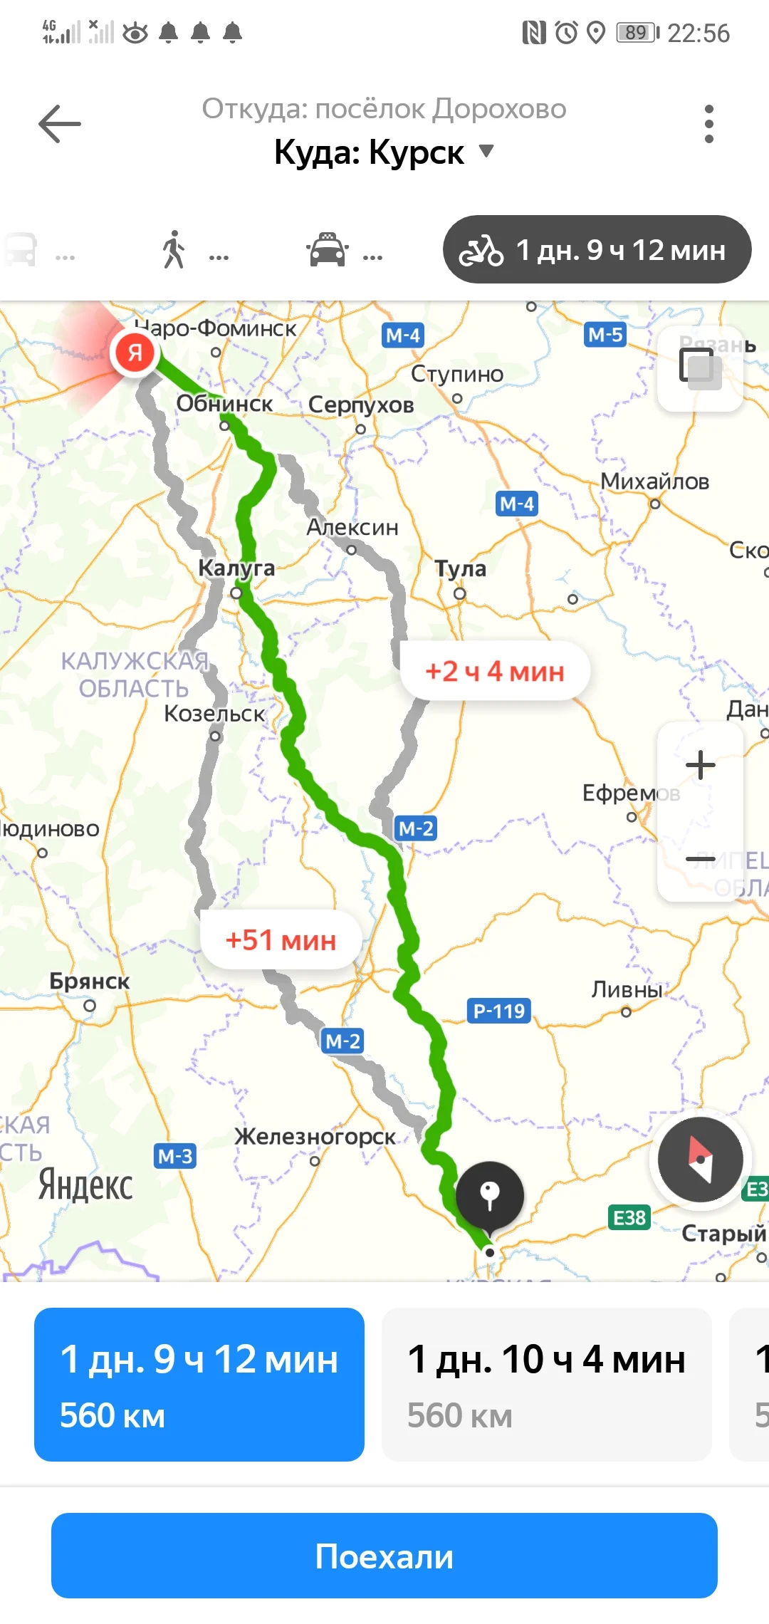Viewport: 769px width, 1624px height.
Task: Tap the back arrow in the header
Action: click(60, 124)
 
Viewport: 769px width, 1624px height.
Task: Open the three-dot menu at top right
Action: click(708, 124)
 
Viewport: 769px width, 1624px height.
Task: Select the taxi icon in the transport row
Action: click(327, 251)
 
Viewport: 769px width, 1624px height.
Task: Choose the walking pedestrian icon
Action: click(174, 250)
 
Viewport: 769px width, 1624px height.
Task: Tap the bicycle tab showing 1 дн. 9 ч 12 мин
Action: click(597, 250)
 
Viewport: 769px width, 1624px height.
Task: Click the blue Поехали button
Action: click(384, 1556)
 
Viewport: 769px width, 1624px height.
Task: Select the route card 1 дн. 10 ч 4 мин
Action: click(546, 1385)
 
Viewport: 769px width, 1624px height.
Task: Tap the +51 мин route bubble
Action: click(281, 940)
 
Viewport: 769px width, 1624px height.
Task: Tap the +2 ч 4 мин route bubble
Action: click(495, 671)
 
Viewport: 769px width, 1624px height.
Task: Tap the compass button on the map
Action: click(701, 1160)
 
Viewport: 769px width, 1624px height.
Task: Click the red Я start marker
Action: click(135, 352)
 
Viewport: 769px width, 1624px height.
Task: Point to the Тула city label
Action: click(461, 569)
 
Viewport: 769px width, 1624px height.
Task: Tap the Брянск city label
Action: click(90, 982)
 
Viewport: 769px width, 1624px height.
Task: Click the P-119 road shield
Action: click(499, 1011)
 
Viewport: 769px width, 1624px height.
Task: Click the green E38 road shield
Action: click(629, 1218)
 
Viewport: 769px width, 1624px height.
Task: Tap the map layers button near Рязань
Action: click(700, 369)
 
